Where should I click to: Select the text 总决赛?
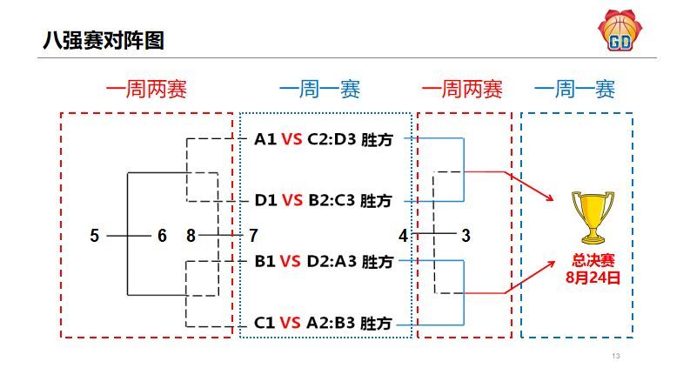coord(593,260)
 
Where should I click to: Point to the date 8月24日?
coord(593,278)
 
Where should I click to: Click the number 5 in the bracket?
coord(95,235)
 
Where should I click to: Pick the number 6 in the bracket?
coord(162,235)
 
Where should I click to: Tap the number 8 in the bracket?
coord(192,235)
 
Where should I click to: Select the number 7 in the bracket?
coord(253,235)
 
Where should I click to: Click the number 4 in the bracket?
coord(403,235)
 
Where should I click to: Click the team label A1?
coord(265,139)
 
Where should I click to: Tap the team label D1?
coord(265,201)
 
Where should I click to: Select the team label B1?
coord(265,261)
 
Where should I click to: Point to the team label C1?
coord(265,323)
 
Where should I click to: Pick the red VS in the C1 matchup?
coord(291,323)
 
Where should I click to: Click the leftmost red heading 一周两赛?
coord(146,90)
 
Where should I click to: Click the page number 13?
coord(616,357)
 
